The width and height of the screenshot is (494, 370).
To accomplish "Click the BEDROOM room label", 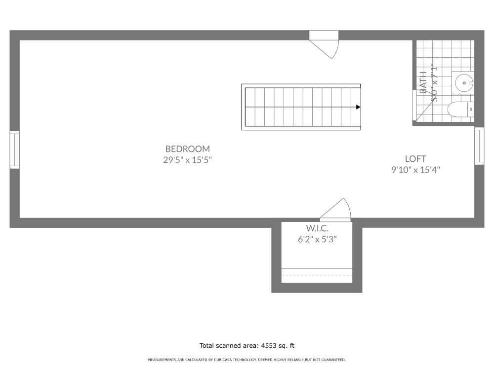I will pos(187,148).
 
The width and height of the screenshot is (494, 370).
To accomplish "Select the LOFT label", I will pos(415,159).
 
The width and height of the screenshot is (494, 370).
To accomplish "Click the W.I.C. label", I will pos(316,228).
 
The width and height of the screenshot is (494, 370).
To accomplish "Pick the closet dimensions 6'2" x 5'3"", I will pos(316,239).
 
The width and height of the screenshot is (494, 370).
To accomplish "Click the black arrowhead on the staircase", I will pos(358,107).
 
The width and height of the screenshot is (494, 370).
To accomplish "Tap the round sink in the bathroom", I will pos(464,82).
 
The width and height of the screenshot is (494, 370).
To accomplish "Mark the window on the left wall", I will pos(14,150).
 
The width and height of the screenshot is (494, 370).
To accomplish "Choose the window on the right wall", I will pos(479,146).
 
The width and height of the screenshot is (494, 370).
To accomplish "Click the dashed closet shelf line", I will pos(317,276).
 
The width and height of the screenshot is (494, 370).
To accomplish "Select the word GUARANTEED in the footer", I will pos(334,360).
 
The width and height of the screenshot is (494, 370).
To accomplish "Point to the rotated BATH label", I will pos(423,82).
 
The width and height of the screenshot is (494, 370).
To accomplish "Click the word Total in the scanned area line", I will pos(207,346).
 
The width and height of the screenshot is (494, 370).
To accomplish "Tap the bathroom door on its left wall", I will pos(414,105).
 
